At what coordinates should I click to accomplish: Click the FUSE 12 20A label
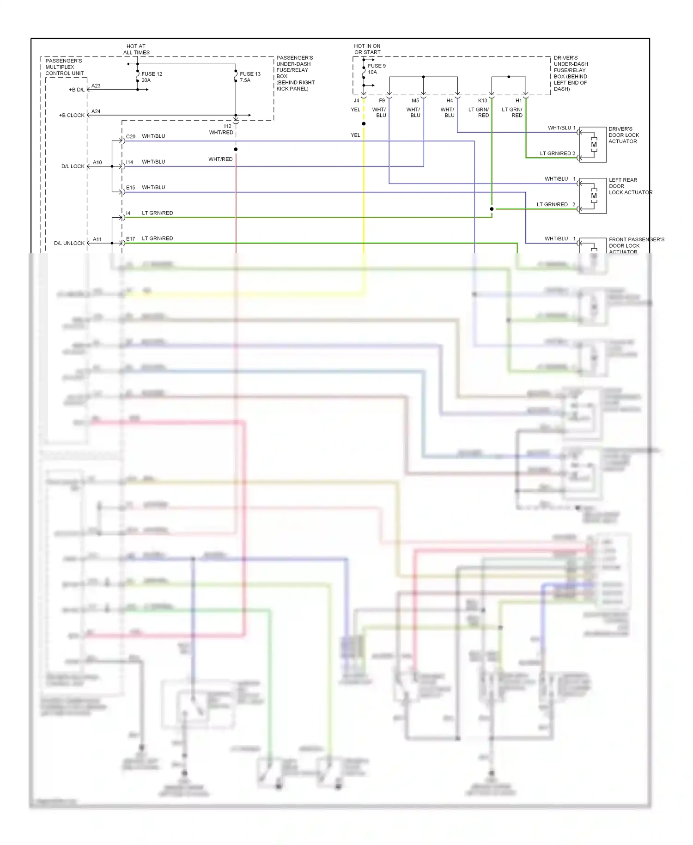point(152,77)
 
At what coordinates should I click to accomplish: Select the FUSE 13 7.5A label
point(249,77)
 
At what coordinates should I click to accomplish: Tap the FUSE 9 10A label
point(376,69)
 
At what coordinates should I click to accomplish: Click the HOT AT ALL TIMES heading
point(136,49)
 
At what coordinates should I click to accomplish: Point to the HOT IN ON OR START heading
point(367,49)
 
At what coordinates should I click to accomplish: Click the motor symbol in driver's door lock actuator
point(594,145)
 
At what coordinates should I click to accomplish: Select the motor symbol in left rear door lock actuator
point(594,196)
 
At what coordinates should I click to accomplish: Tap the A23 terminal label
point(96,86)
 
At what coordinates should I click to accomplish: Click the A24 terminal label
point(96,111)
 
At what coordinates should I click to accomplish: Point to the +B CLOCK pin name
point(72,115)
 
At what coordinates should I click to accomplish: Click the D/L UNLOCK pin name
point(69,243)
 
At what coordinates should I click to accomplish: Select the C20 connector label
point(131,136)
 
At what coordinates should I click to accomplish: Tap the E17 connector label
point(131,239)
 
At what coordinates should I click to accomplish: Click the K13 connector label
point(482,100)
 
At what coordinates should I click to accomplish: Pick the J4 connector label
point(356,100)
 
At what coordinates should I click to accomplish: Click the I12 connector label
point(228,126)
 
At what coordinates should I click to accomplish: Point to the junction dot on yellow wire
point(364,124)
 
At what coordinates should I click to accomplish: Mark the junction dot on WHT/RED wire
point(236,149)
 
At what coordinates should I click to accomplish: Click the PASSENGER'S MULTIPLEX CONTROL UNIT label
point(64,67)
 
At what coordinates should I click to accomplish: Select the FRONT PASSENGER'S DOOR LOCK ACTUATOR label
point(636,245)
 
